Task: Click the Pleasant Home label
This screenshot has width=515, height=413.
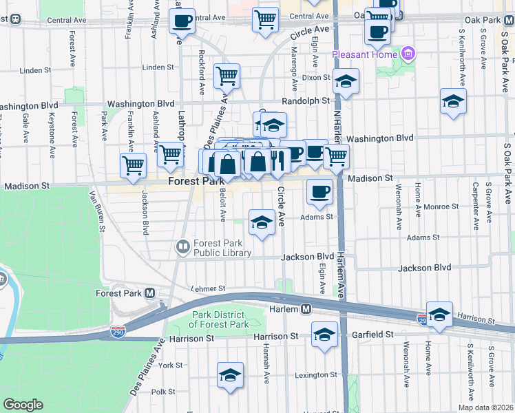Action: [364, 54]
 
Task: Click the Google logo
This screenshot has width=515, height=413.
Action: [23, 405]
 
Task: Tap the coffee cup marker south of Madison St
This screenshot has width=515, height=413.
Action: [319, 191]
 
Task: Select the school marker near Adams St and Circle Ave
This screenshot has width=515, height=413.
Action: [261, 222]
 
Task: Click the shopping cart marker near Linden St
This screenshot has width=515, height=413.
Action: [227, 74]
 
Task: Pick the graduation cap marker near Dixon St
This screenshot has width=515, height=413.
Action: [346, 81]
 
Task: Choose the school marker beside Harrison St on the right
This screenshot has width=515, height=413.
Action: [439, 314]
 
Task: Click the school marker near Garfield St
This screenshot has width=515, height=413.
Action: [324, 334]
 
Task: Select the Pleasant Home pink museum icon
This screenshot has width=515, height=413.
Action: [409, 53]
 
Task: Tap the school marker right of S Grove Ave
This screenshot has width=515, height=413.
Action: [453, 101]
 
